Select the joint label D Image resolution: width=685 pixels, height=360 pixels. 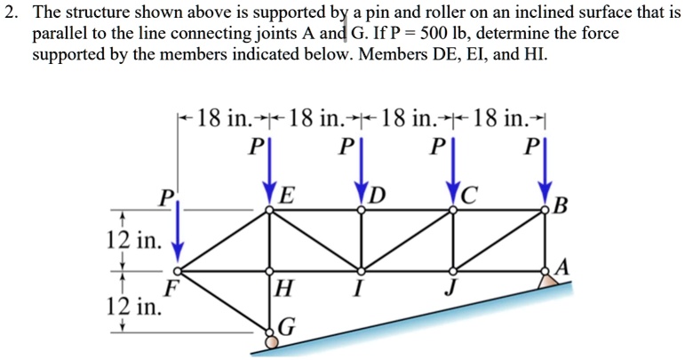point(379,195)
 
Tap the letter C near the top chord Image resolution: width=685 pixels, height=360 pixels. point(471,195)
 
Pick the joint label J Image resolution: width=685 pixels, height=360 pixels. point(452,287)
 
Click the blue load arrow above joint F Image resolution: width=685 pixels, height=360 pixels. point(179,227)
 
